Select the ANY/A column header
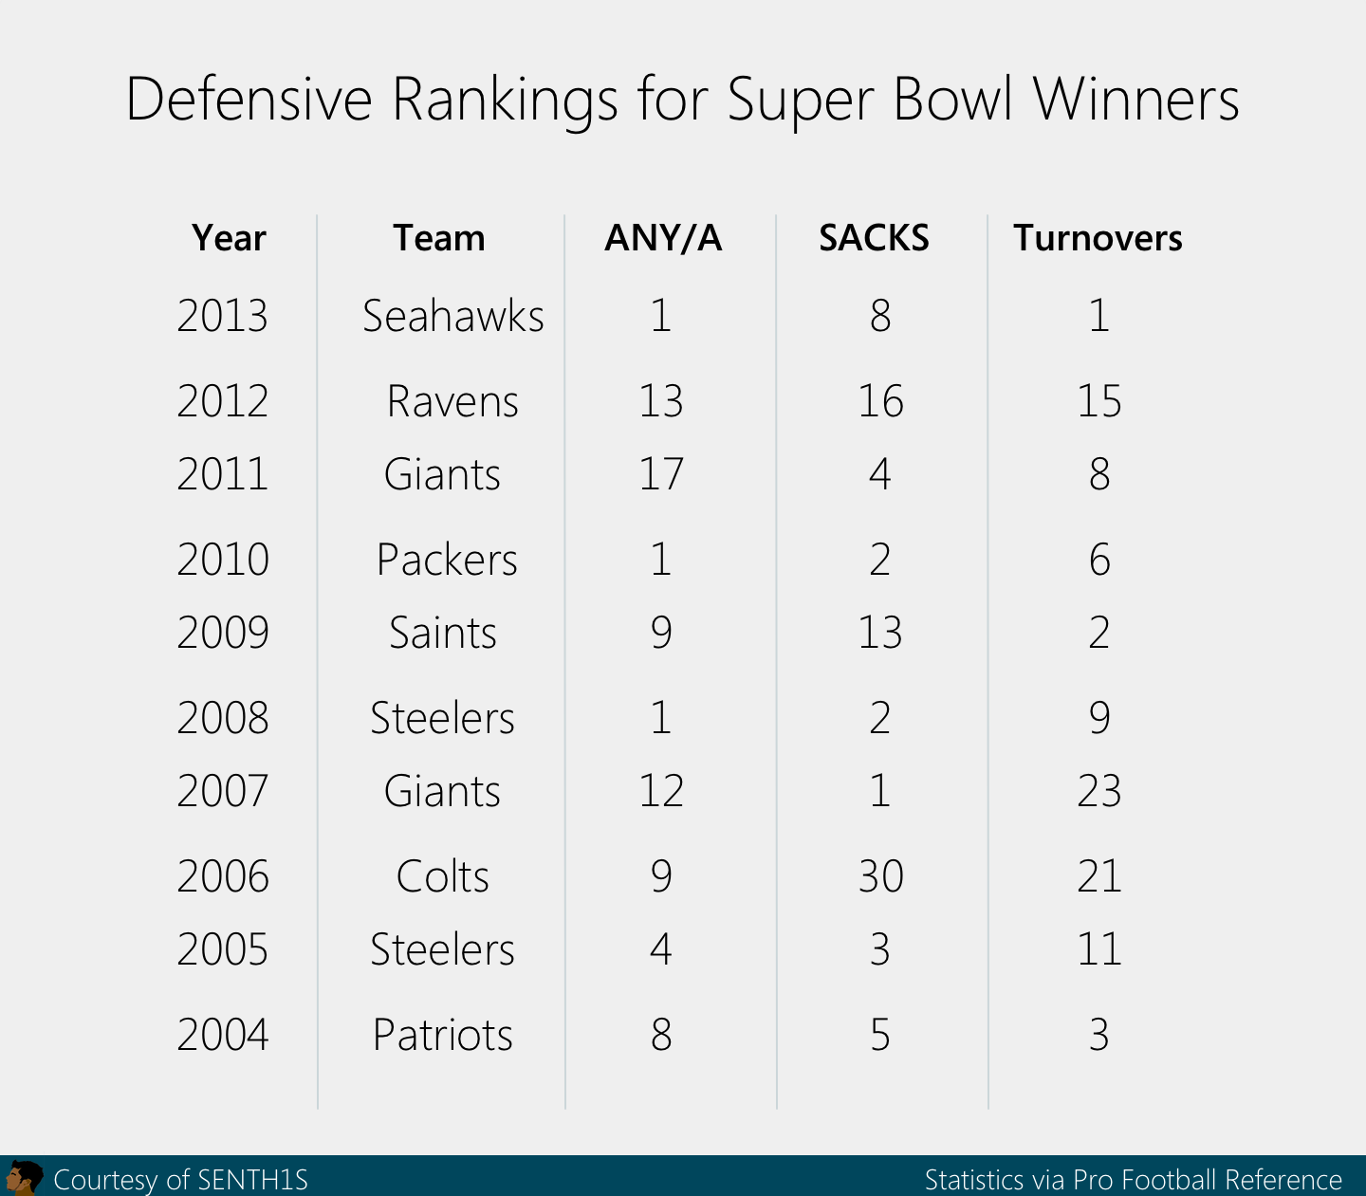663,238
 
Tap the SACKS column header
874,238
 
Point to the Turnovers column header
1098,238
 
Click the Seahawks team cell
452,316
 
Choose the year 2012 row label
223,401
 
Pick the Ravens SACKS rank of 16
880,401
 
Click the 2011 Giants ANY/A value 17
661,474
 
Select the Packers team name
447,560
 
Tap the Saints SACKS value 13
880,633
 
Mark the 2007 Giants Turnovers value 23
1098,791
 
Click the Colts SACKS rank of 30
880,876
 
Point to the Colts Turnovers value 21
1098,876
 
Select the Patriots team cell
442,1035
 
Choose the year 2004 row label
223,1035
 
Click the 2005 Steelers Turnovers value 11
1098,949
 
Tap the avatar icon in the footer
23,1178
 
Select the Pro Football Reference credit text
1207,1180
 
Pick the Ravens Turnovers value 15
1098,401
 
